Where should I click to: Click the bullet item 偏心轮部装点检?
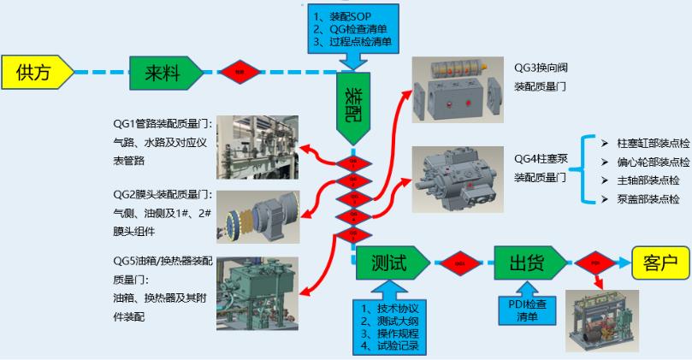click(x=647, y=162)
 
